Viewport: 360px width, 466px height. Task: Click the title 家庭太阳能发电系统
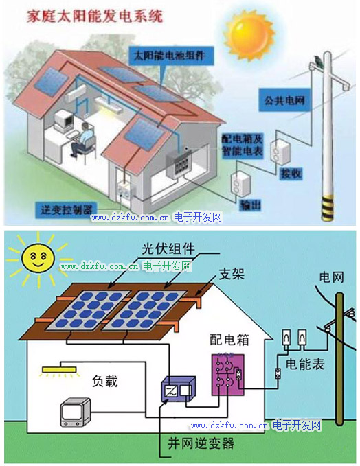click(x=95, y=16)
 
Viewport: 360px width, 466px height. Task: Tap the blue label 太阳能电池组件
click(x=171, y=56)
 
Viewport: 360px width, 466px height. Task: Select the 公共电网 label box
click(x=284, y=100)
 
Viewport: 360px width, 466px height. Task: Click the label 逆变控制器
click(x=67, y=210)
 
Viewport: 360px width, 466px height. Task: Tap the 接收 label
click(x=291, y=174)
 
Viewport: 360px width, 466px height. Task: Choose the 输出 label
click(x=251, y=205)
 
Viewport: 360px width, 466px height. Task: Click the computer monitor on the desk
click(x=64, y=120)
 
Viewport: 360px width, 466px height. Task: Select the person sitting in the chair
click(x=82, y=139)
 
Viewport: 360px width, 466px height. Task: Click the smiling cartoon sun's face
click(x=38, y=257)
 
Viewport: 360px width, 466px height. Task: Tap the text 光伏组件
click(x=168, y=248)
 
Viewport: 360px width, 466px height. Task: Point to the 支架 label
click(x=232, y=274)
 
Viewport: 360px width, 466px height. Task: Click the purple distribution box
click(x=228, y=375)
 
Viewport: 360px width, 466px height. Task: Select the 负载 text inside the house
click(x=104, y=381)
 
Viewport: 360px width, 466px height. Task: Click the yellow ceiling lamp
click(x=59, y=370)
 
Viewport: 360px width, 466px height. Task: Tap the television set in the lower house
click(x=76, y=412)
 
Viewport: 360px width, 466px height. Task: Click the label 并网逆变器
click(x=201, y=443)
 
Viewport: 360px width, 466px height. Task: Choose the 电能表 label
click(x=305, y=364)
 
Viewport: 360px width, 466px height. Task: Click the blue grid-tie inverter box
click(x=178, y=389)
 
